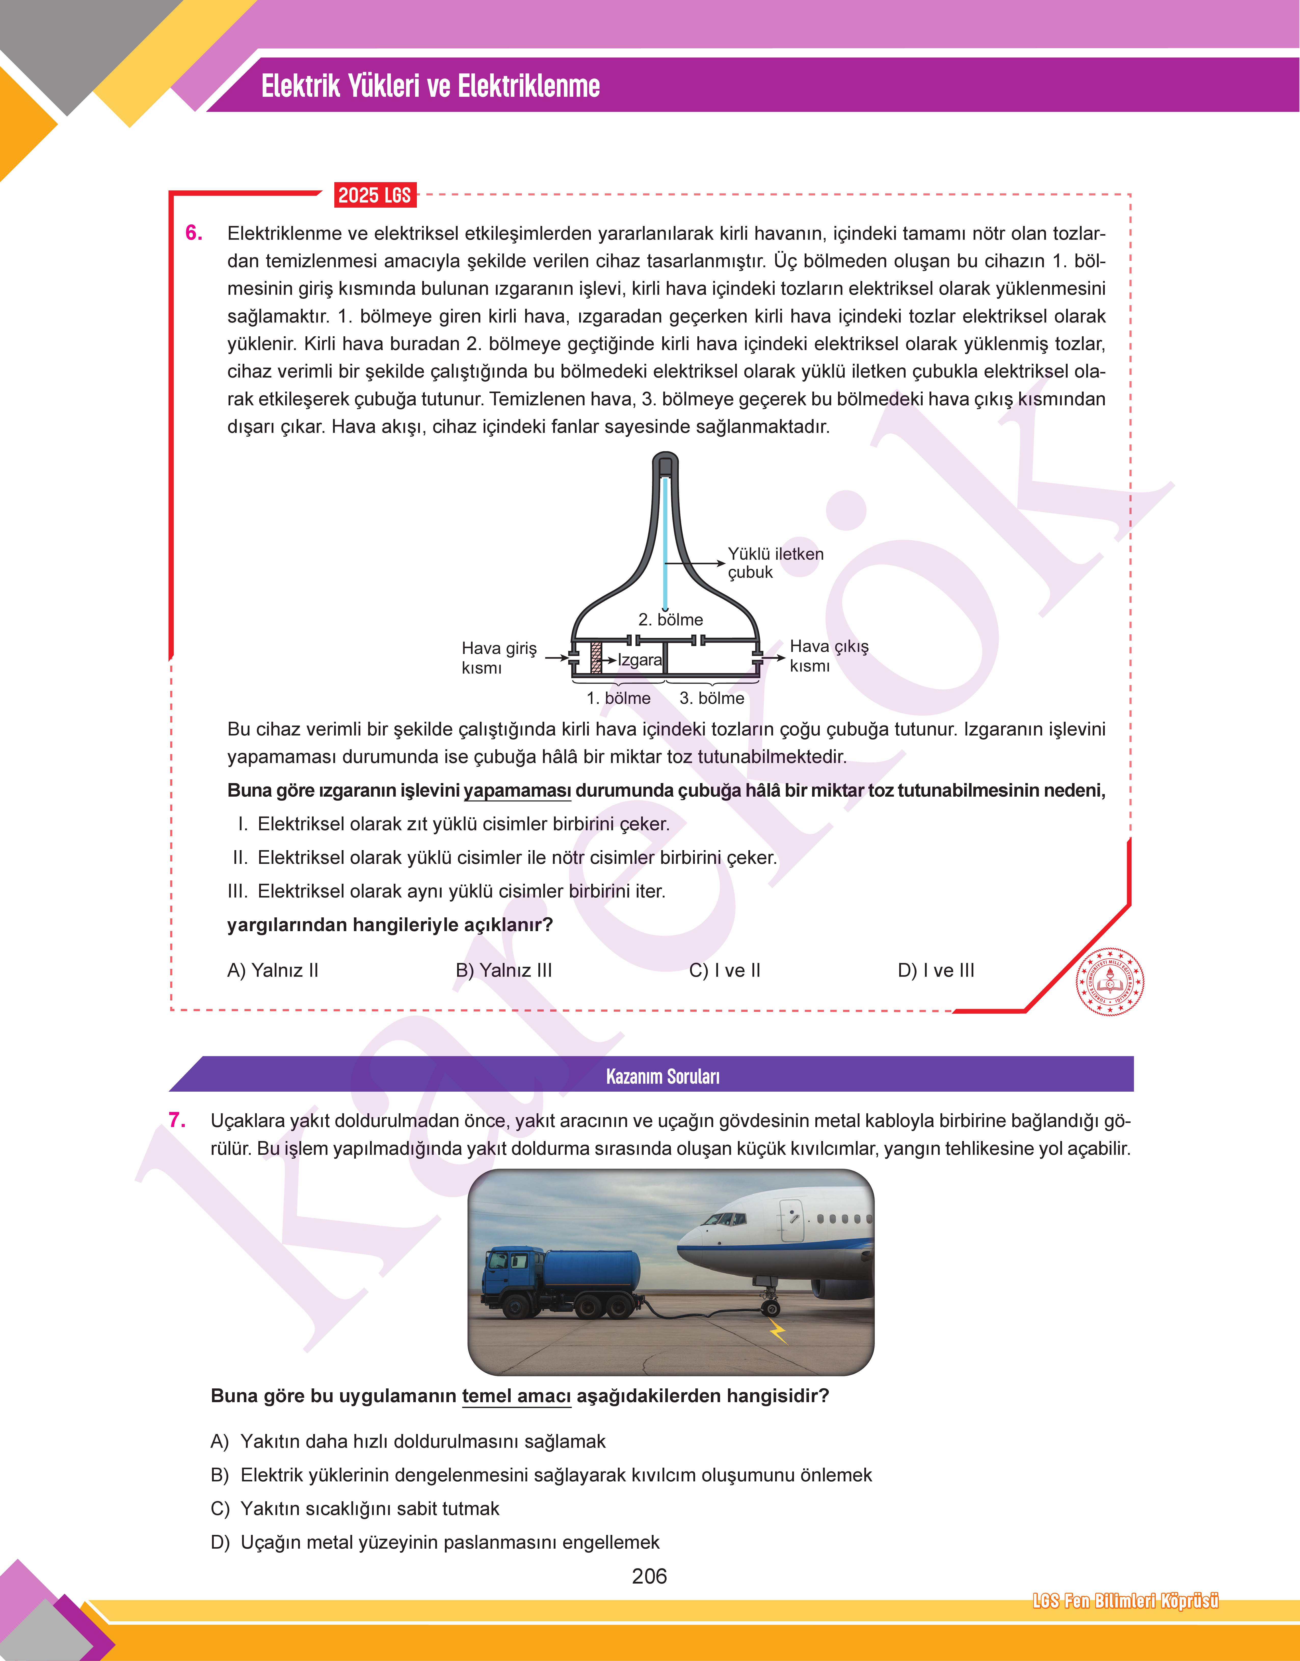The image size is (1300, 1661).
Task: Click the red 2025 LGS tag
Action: tap(375, 196)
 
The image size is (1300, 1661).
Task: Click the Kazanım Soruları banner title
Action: tap(662, 1076)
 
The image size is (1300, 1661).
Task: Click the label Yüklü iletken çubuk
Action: tap(775, 563)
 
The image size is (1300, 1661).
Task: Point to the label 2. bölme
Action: tap(671, 619)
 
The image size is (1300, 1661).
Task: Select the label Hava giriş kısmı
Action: tap(499, 658)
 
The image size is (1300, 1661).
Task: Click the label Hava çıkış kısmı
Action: tap(828, 656)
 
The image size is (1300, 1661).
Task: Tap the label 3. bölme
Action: tap(712, 698)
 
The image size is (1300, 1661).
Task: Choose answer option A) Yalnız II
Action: tap(272, 970)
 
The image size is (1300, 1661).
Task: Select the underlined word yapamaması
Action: tap(518, 791)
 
